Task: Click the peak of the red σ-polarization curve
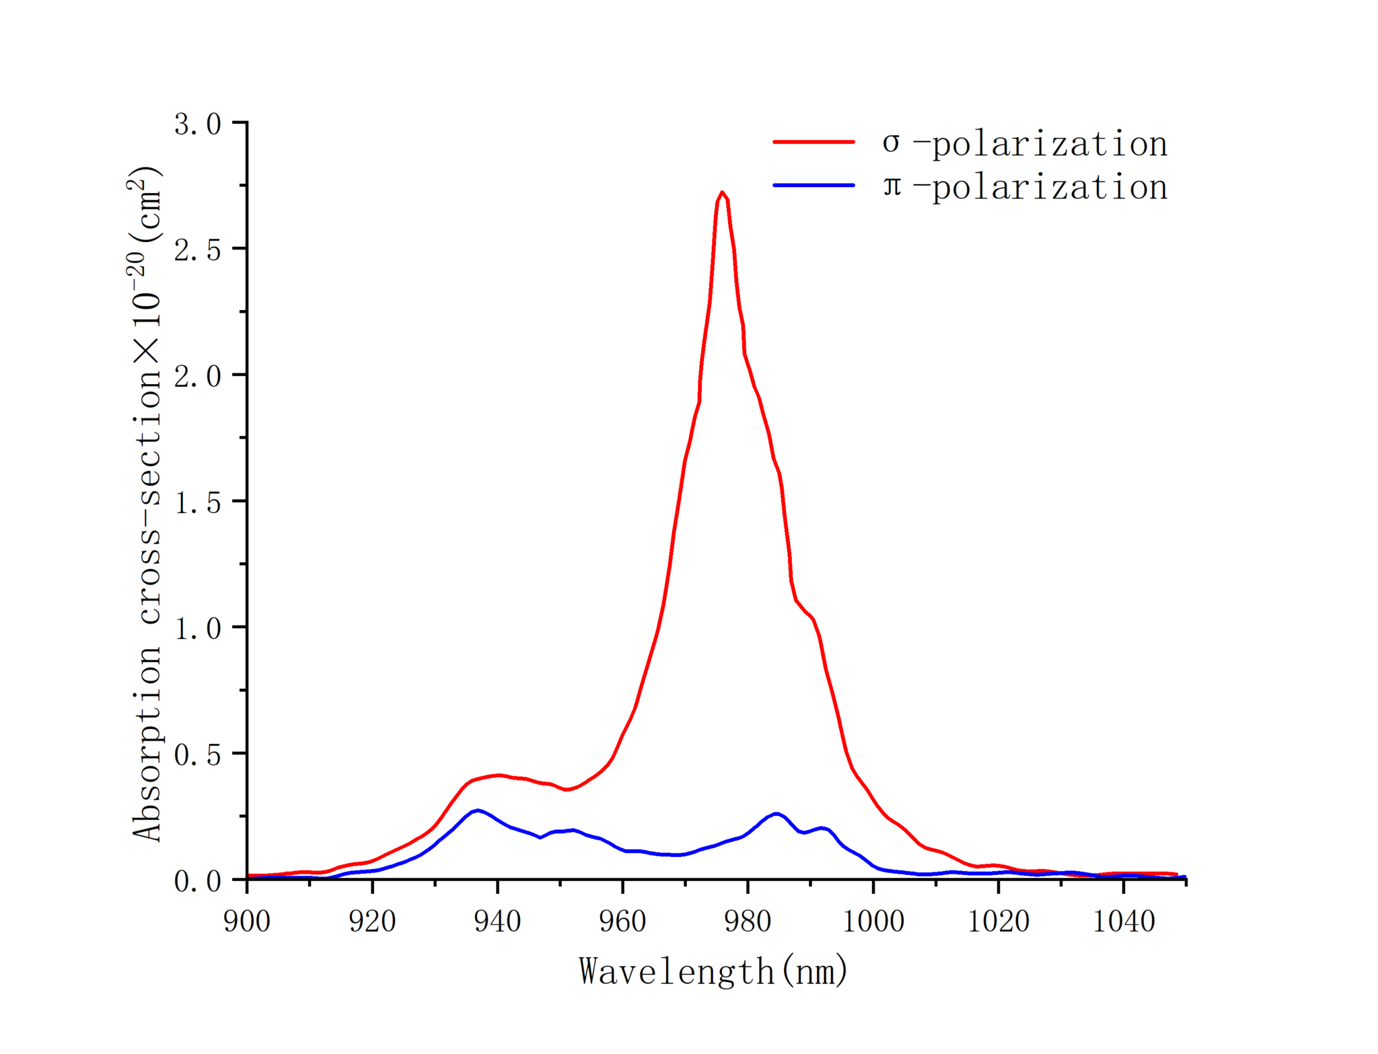pos(721,193)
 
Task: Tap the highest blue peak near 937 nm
pos(478,811)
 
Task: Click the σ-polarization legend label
pos(1025,144)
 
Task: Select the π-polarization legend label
pos(1025,187)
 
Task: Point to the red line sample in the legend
pos(813,143)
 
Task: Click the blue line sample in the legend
pos(813,185)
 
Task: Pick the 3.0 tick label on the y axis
pos(198,124)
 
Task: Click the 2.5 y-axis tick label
pos(198,250)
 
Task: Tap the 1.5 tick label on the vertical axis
pos(198,502)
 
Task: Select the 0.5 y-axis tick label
pos(198,755)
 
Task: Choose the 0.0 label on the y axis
pos(198,880)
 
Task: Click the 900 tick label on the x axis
pos(247,921)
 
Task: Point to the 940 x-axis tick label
pos(497,921)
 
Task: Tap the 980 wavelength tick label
pos(748,921)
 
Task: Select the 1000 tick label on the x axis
pos(873,921)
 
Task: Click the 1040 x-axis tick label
pos(1124,921)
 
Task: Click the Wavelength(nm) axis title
pos(713,971)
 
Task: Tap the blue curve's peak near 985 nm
pos(776,814)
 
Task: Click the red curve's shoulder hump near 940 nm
pos(498,775)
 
